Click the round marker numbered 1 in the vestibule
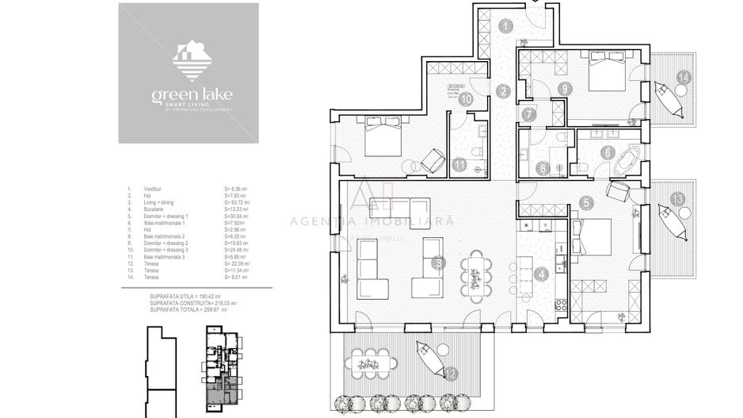[505, 26]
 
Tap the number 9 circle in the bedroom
[564, 88]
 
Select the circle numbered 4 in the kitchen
[541, 275]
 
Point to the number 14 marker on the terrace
[683, 76]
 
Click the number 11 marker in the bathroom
[460, 165]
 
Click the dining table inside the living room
[477, 273]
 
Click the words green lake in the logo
[192, 96]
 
